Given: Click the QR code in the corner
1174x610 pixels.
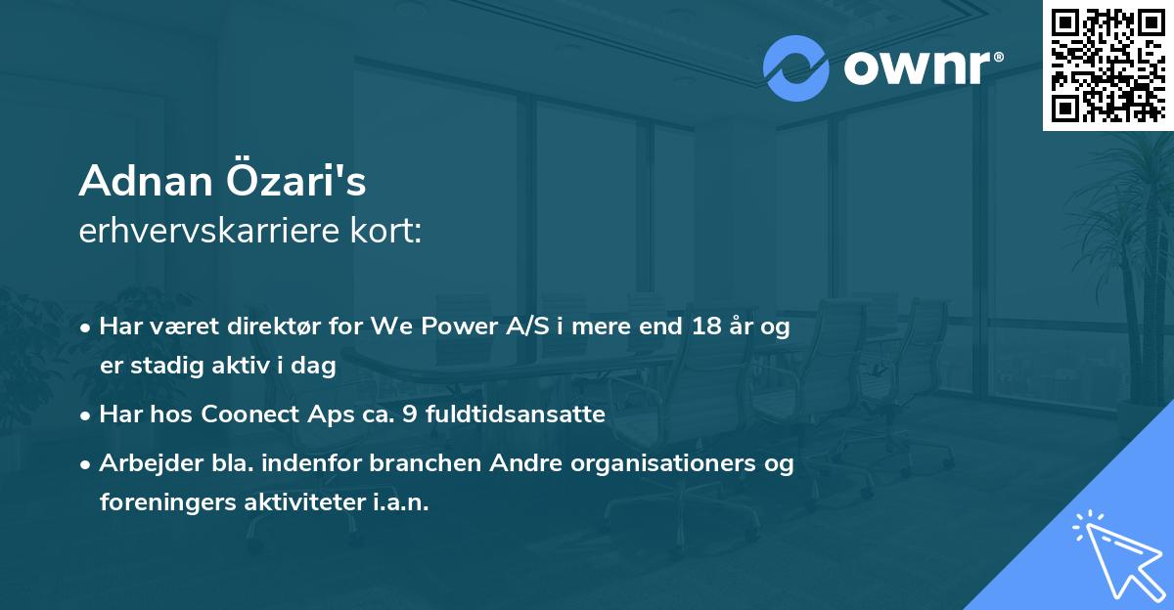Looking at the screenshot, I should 1107,65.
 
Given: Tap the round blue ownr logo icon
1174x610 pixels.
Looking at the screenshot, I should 797,67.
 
